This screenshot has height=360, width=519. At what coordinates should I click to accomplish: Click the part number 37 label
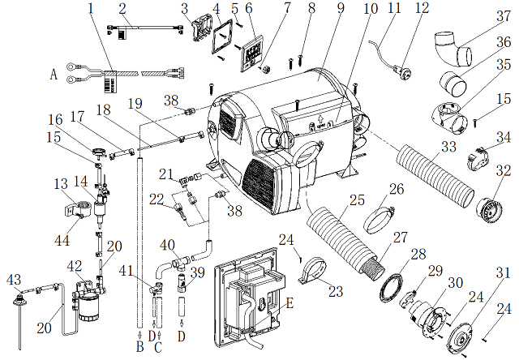tap(503, 15)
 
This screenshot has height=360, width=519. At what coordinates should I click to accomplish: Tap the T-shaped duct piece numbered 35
tap(449, 118)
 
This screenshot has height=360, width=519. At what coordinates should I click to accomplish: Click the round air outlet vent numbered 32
tap(489, 209)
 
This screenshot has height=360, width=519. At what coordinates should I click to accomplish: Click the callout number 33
tap(448, 147)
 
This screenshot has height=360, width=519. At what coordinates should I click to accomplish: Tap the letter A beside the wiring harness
tap(54, 75)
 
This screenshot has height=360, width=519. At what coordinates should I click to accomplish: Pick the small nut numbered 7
tap(265, 70)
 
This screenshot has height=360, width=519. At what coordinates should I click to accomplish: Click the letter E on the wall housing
tap(290, 303)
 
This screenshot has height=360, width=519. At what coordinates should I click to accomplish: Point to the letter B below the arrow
tap(140, 346)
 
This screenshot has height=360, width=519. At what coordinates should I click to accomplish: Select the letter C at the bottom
tap(159, 347)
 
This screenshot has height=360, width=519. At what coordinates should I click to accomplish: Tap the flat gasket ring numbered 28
tap(391, 283)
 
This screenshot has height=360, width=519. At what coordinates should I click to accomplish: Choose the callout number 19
tap(135, 104)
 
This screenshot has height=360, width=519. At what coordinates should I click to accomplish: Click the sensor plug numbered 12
tap(404, 71)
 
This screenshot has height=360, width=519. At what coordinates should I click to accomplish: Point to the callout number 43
tap(14, 280)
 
